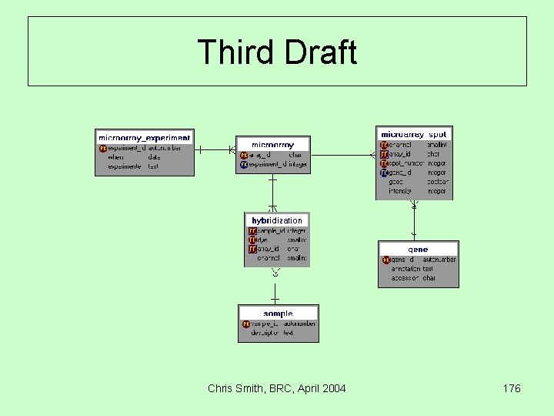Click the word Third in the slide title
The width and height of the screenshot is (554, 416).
click(x=236, y=52)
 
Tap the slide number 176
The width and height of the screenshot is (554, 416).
click(x=511, y=388)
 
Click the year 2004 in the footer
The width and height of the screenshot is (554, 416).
click(x=332, y=388)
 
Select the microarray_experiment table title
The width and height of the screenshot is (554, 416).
click(x=145, y=138)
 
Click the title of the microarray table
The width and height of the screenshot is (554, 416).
click(x=272, y=144)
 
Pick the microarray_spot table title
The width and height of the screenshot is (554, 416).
click(x=414, y=135)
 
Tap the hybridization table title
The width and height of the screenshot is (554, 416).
click(x=277, y=220)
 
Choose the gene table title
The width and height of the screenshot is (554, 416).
click(x=418, y=250)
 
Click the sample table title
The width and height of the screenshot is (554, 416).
click(x=278, y=314)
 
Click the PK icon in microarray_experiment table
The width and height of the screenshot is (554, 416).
click(x=103, y=148)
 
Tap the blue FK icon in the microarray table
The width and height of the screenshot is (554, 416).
click(x=244, y=164)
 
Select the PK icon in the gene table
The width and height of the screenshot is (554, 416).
click(x=386, y=260)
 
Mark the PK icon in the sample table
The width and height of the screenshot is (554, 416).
click(x=246, y=324)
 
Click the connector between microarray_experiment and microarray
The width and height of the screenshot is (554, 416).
click(x=215, y=149)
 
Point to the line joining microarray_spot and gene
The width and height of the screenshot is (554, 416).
click(x=414, y=220)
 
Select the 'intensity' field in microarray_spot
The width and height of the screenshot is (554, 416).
click(x=400, y=191)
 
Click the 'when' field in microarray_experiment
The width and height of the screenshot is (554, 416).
click(x=115, y=157)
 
